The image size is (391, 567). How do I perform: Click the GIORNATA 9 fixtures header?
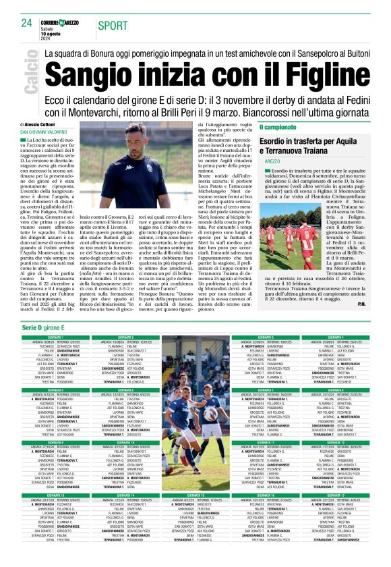pyautogui.click(x=55, y=443)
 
